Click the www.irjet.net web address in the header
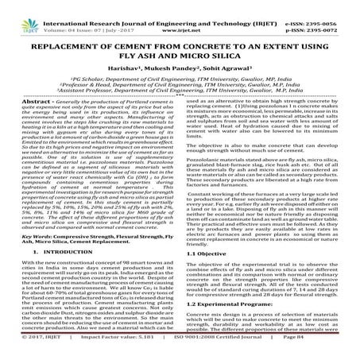[x=180, y=14]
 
